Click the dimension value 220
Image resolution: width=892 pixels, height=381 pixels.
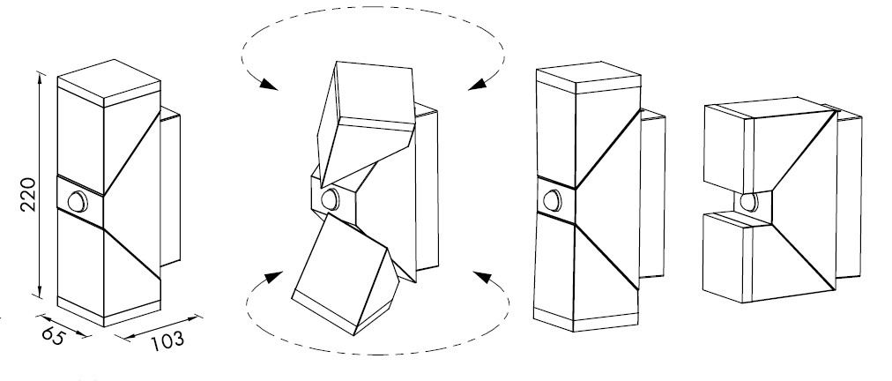click(x=28, y=194)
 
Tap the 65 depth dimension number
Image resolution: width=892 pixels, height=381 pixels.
click(x=53, y=336)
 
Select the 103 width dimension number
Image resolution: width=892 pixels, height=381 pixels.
click(x=167, y=341)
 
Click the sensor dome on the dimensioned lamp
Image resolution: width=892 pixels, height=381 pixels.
click(x=78, y=202)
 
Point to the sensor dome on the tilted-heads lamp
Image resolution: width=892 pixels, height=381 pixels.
click(x=330, y=199)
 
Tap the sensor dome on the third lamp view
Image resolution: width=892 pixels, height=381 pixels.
click(x=552, y=200)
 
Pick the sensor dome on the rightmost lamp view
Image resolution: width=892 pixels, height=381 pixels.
click(x=748, y=202)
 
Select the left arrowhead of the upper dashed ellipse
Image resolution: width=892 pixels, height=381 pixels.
click(x=267, y=85)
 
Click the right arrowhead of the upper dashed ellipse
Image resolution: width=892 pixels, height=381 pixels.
click(x=478, y=85)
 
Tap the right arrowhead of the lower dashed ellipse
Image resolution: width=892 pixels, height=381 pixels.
click(x=482, y=277)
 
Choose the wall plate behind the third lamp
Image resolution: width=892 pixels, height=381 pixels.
click(x=652, y=194)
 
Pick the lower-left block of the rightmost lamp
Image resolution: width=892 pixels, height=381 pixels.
click(x=728, y=257)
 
